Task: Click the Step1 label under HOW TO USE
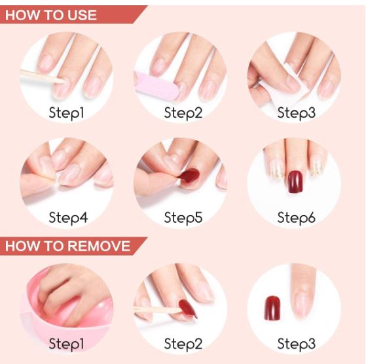coord(66,113)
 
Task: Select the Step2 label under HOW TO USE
coord(183,113)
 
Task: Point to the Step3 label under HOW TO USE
coord(296,113)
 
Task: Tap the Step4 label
coord(68,218)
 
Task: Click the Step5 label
coord(183,218)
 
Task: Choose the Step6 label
coord(296,218)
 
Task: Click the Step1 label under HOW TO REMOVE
coord(66,344)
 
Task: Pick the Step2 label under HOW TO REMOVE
coord(183,344)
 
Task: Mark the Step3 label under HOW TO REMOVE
coord(296,344)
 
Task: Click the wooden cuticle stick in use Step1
coord(42,76)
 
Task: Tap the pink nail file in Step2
coord(156,86)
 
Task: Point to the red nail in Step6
coord(295,182)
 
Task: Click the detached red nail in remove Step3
coord(272,308)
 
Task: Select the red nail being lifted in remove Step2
coord(187,308)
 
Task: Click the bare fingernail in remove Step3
coord(303,304)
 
